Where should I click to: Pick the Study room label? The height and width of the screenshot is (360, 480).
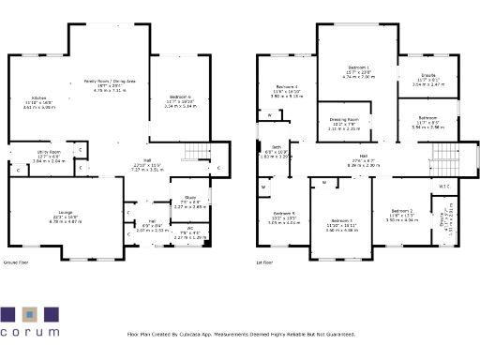190,197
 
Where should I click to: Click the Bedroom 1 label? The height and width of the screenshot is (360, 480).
358,68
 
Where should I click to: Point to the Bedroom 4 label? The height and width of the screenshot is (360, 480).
284,86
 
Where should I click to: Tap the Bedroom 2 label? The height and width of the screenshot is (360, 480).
402,211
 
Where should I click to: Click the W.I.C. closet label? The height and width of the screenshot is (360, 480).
444,186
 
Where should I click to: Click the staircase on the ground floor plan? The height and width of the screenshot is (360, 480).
194,152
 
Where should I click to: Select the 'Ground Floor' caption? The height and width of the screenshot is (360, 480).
17,263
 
